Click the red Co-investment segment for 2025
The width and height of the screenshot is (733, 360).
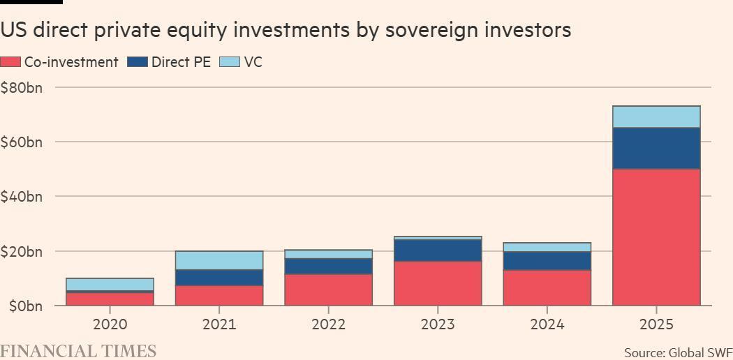pyautogui.click(x=656, y=237)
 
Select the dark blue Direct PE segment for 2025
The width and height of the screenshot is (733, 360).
pyautogui.click(x=656, y=148)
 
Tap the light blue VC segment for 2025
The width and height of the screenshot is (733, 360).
pyautogui.click(x=656, y=117)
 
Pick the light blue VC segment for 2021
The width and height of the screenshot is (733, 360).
pyautogui.click(x=219, y=260)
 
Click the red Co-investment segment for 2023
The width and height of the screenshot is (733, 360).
pyautogui.click(x=438, y=283)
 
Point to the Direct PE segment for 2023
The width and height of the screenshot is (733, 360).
pyautogui.click(x=438, y=250)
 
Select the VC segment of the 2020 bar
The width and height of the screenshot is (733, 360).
pyautogui.click(x=110, y=284)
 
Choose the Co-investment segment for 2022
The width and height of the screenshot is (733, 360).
pyautogui.click(x=328, y=290)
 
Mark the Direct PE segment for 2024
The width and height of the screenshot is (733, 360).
pyautogui.click(x=547, y=260)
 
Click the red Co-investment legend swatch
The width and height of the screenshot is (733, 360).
pyautogui.click(x=10, y=62)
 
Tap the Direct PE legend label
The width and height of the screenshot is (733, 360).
pyautogui.click(x=181, y=62)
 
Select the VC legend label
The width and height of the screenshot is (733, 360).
pyautogui.click(x=253, y=62)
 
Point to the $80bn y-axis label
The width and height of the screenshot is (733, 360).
pyautogui.click(x=22, y=88)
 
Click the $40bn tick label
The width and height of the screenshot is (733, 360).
pyautogui.click(x=22, y=197)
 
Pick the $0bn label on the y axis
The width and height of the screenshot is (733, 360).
pyautogui.click(x=22, y=306)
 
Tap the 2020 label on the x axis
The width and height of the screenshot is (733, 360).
pyautogui.click(x=110, y=324)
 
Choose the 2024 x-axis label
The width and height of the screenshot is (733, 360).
pyautogui.click(x=547, y=324)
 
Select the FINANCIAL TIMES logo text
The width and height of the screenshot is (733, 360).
pyautogui.click(x=78, y=351)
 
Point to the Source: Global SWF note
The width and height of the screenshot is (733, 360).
pyautogui.click(x=678, y=352)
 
